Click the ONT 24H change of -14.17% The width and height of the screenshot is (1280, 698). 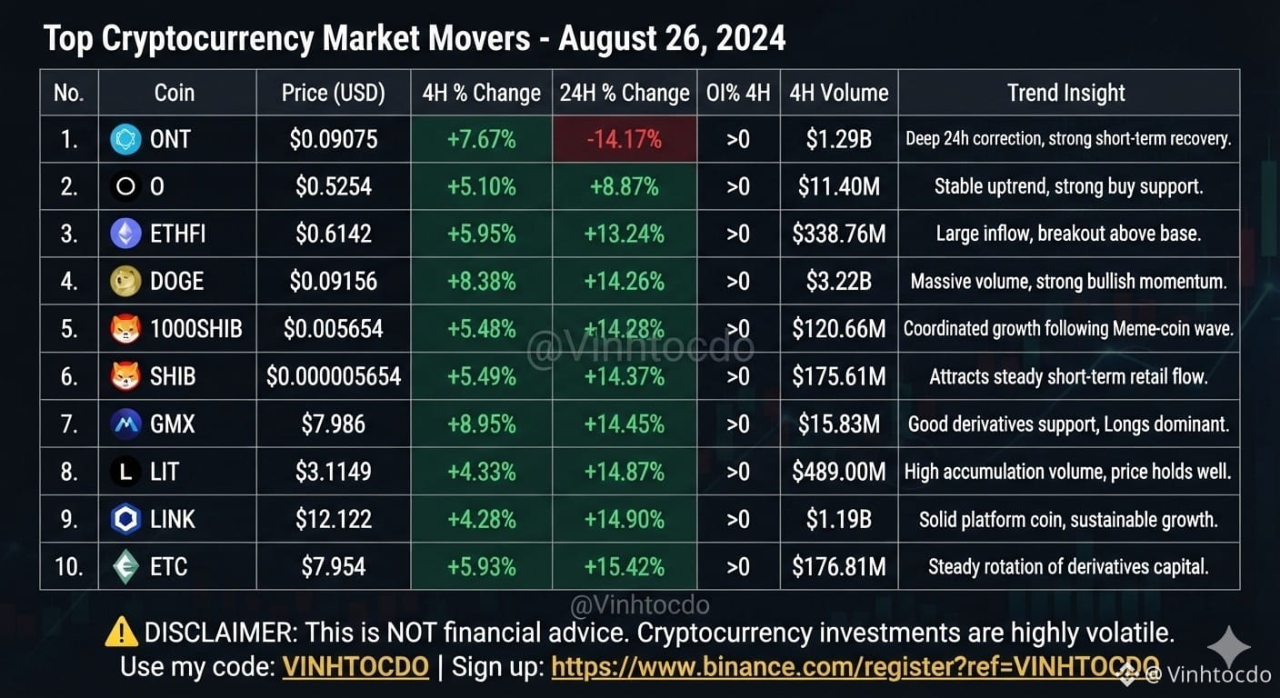(x=624, y=139)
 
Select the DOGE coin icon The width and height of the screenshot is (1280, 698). (x=125, y=281)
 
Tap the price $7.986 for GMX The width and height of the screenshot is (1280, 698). (x=333, y=424)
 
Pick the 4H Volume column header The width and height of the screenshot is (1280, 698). (x=839, y=93)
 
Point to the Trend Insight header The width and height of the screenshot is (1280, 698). (x=1066, y=93)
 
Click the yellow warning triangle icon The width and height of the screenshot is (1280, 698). (x=121, y=632)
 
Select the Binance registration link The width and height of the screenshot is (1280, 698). (x=855, y=666)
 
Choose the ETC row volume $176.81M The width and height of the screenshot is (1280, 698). (x=839, y=566)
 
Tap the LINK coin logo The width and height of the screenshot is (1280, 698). (x=125, y=519)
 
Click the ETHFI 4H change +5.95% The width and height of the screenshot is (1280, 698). (x=481, y=234)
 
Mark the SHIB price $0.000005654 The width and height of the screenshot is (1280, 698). (x=333, y=376)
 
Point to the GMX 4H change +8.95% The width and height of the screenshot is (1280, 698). (x=481, y=424)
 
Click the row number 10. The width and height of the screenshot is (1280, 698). (x=69, y=566)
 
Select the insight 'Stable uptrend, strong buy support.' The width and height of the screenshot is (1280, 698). (x=1068, y=186)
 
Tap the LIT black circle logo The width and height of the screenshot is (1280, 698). (x=125, y=472)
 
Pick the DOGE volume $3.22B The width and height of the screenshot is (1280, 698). (x=839, y=281)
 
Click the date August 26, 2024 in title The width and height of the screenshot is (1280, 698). (x=672, y=39)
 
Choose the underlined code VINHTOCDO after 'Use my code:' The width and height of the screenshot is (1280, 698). (x=355, y=666)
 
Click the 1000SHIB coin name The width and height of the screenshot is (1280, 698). (x=196, y=329)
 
